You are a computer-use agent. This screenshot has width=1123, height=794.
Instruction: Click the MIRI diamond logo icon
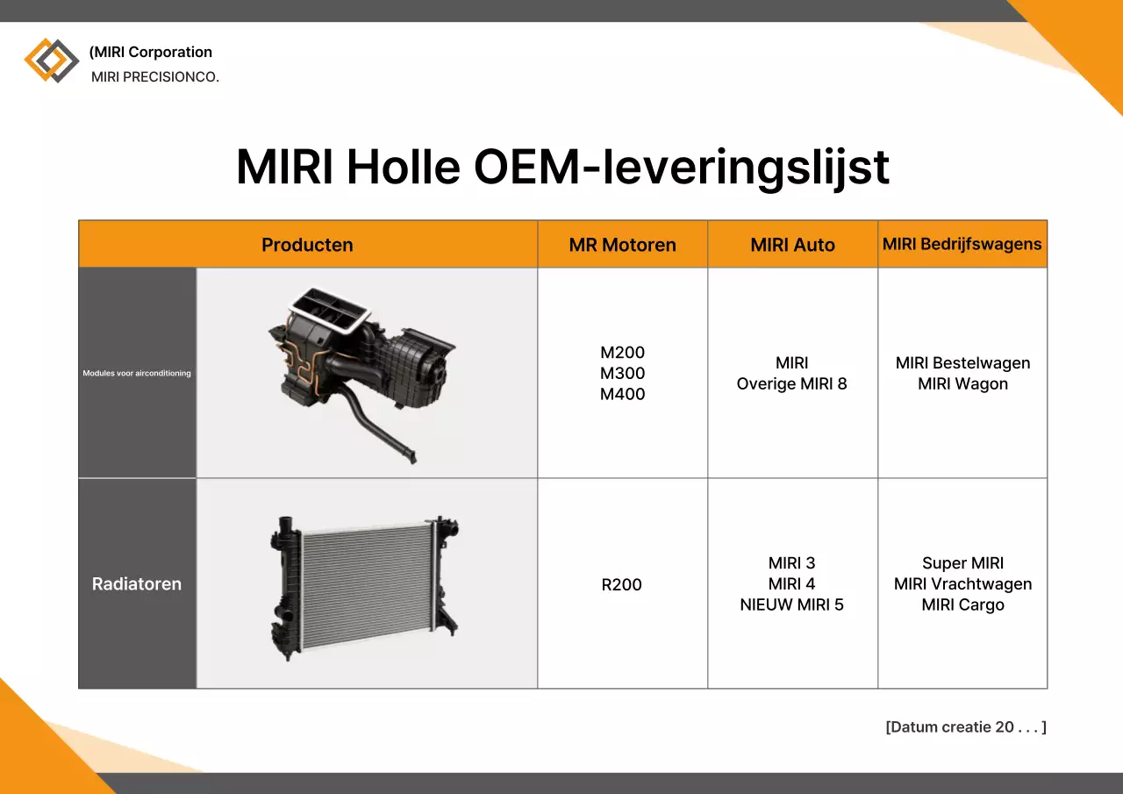(x=52, y=61)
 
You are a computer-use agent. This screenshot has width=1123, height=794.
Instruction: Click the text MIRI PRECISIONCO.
(x=154, y=77)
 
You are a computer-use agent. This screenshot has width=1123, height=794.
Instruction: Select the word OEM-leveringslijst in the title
(x=682, y=167)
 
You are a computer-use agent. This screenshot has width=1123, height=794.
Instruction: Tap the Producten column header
(x=307, y=245)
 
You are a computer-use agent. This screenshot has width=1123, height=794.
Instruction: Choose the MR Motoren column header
(x=622, y=245)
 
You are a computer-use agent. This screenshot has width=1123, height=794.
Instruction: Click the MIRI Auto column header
(x=792, y=245)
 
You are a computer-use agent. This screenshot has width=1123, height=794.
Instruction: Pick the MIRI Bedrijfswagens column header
(x=962, y=244)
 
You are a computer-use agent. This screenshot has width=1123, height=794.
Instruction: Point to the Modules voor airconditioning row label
(x=137, y=373)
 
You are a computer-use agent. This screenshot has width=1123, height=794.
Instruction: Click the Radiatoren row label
(x=137, y=583)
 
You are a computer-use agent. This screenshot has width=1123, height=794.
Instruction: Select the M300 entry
(x=622, y=373)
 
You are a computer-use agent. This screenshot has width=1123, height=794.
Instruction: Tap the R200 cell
(x=622, y=584)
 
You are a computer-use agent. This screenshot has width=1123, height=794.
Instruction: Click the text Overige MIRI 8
(x=791, y=383)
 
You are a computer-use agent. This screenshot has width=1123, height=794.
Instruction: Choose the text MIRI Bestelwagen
(x=962, y=362)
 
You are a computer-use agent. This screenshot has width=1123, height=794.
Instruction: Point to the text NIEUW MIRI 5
(x=791, y=604)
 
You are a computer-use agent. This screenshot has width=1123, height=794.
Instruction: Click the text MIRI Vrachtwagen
(x=962, y=583)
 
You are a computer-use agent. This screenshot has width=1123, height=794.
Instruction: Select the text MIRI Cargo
(x=962, y=604)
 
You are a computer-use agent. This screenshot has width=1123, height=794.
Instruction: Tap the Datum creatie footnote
(x=965, y=726)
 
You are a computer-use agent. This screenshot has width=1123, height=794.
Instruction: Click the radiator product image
(x=365, y=583)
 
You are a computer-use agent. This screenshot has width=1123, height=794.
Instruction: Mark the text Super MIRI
(x=962, y=563)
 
